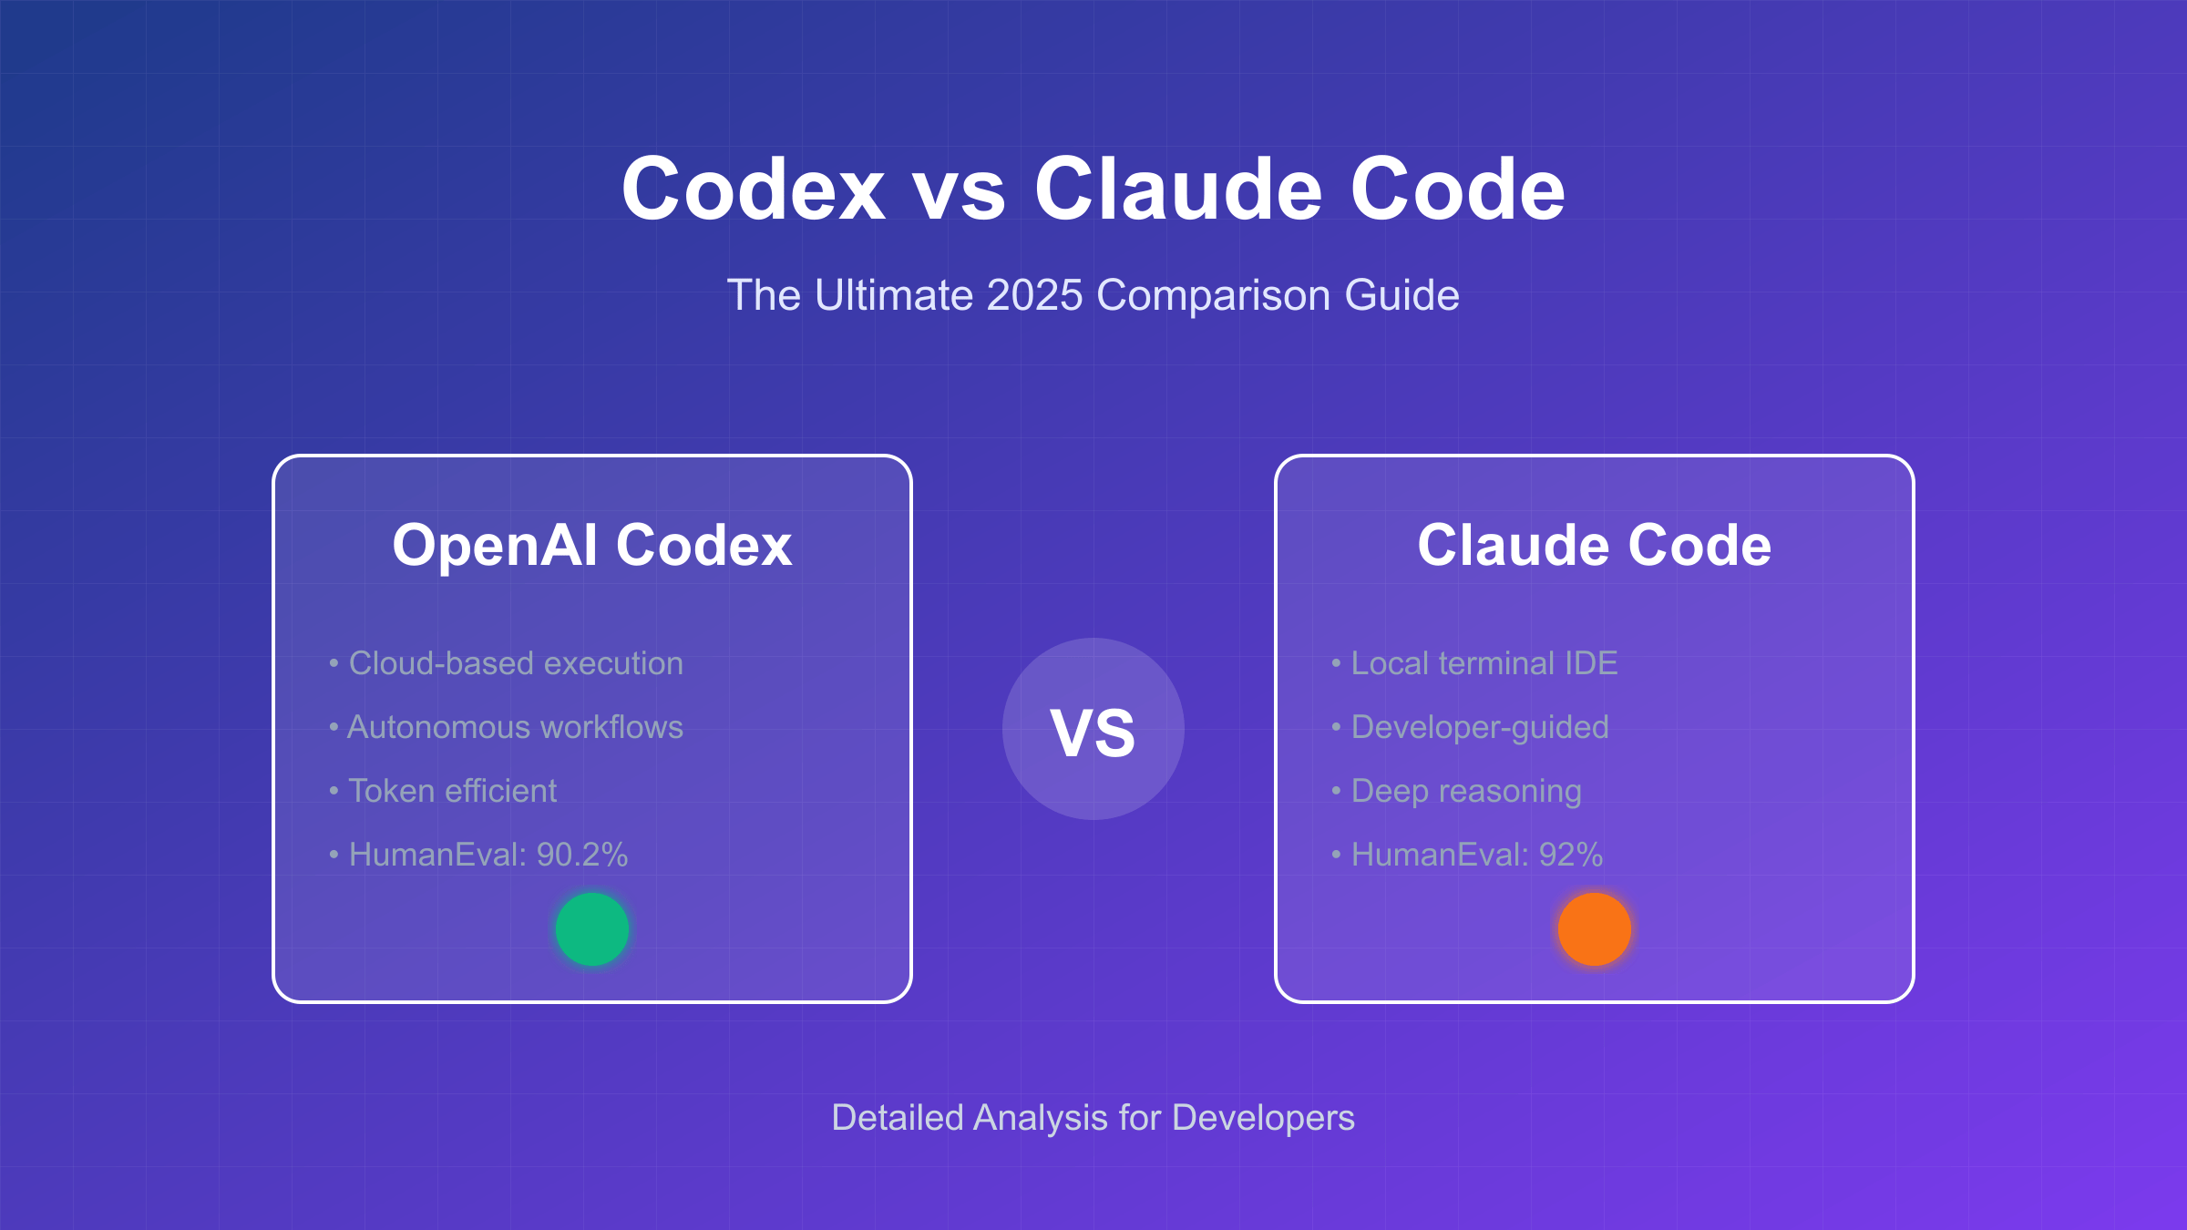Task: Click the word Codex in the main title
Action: [x=753, y=189]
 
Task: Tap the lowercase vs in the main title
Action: [x=959, y=194]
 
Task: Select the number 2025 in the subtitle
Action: [x=1034, y=295]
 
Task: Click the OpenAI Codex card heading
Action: [x=592, y=545]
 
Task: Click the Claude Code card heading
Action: [x=1594, y=545]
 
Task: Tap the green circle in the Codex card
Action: [x=592, y=928]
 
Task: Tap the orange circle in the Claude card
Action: [x=1594, y=928]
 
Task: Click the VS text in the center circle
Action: [x=1093, y=732]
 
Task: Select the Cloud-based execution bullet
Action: [x=515, y=663]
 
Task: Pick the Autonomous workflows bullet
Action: [x=515, y=727]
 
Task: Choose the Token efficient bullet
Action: [x=452, y=791]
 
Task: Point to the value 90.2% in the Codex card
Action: [x=582, y=855]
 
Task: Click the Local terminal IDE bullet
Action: [x=1484, y=663]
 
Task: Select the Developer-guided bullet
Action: [x=1479, y=727]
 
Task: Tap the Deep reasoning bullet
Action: [x=1465, y=791]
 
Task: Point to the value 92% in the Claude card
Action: [x=1570, y=855]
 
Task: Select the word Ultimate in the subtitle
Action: [x=893, y=295]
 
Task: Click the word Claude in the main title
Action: [x=1177, y=189]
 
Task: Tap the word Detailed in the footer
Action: [x=897, y=1118]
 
